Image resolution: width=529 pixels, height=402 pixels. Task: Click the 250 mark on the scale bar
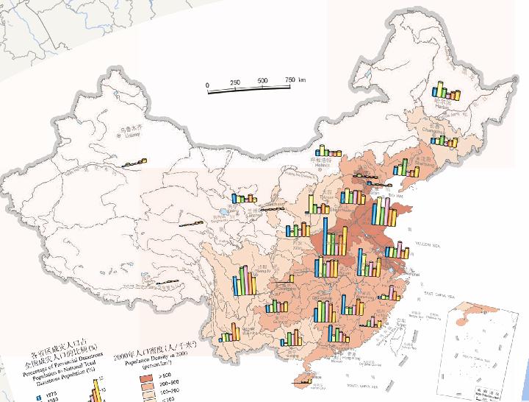[235, 81]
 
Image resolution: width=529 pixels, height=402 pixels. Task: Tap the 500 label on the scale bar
[262, 81]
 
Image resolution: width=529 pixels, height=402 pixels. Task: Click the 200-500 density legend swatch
[148, 384]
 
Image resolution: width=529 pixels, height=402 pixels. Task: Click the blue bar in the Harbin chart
[435, 92]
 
